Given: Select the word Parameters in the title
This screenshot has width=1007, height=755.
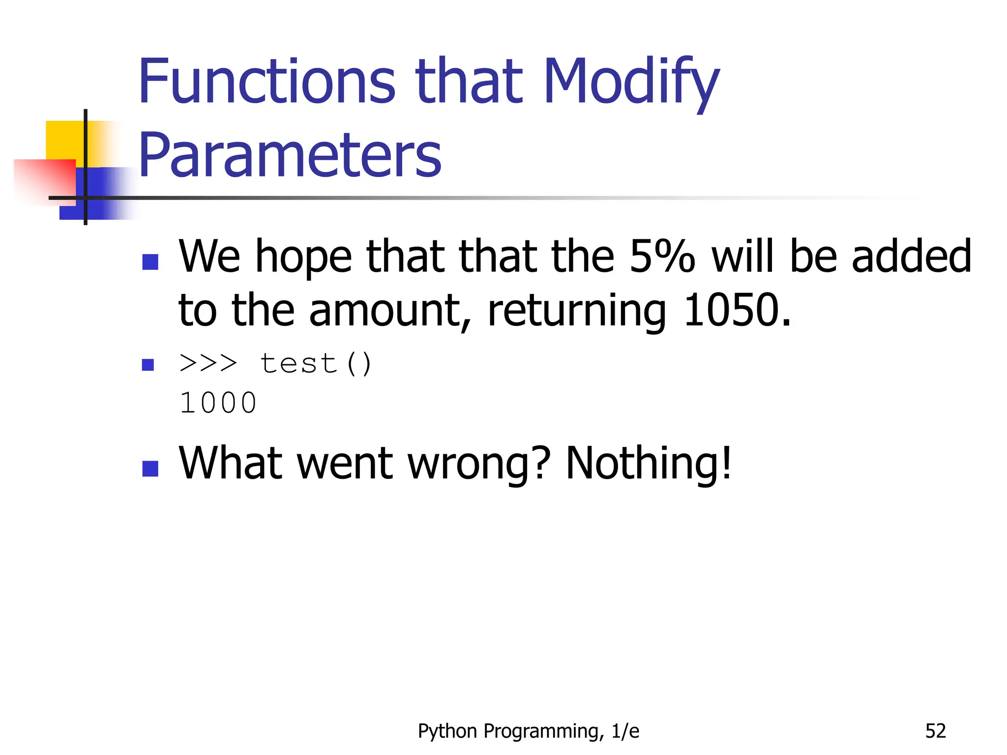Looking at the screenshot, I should [290, 155].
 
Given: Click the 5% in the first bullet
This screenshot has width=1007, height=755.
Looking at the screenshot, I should [662, 256].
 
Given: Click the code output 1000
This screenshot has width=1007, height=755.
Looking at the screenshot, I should [218, 403].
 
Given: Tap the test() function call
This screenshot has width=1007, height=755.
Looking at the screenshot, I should [316, 364].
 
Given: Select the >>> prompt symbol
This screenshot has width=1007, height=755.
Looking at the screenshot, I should [208, 364].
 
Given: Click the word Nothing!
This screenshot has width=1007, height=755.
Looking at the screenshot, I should [649, 463].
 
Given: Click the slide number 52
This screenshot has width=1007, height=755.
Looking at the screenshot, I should [935, 731].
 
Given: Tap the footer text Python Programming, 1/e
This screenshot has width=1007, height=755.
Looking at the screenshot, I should [529, 731].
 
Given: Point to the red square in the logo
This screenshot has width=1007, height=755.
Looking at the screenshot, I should [44, 180].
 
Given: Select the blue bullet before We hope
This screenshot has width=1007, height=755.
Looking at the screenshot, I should [150, 262].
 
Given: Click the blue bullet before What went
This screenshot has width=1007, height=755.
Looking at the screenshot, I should [150, 468].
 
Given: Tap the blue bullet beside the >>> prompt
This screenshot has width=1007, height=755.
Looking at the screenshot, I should [148, 365].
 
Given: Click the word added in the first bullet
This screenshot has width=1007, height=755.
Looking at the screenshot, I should [911, 256].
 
